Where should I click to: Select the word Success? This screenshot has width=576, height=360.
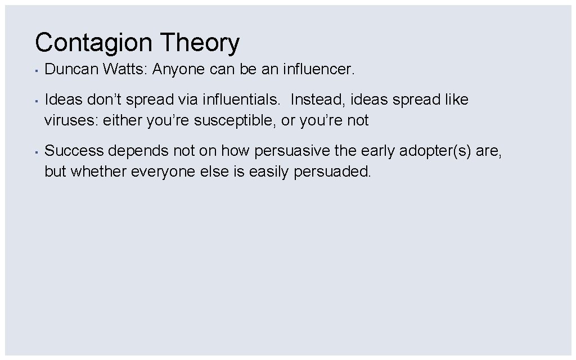click(x=74, y=151)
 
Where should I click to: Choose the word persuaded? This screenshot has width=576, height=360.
click(x=333, y=171)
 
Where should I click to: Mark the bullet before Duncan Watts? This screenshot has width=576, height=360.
click(x=35, y=71)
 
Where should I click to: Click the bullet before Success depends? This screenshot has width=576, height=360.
click(x=35, y=152)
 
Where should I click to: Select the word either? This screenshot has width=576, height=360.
click(x=122, y=120)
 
